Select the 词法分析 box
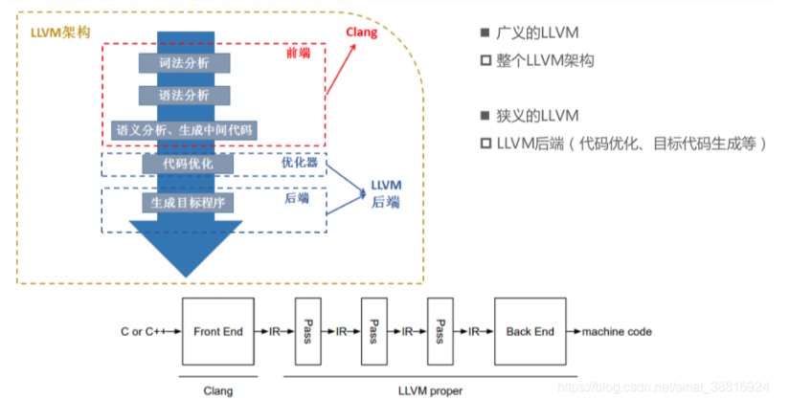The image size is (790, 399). coord(185,62)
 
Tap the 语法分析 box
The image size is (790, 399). coord(185,96)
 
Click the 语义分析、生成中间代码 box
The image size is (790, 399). coord(185,128)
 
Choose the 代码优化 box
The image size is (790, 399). coord(185,164)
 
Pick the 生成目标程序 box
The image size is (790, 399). coord(185,203)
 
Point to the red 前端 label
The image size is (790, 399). coord(298,54)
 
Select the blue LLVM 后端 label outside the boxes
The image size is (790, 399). coord(386,193)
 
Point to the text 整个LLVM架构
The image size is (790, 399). coord(545,60)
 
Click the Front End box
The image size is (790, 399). coord(217,332)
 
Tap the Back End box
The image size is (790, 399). coord(530,332)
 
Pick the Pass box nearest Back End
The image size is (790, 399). coord(440,332)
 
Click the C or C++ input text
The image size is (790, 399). coord(141,332)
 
